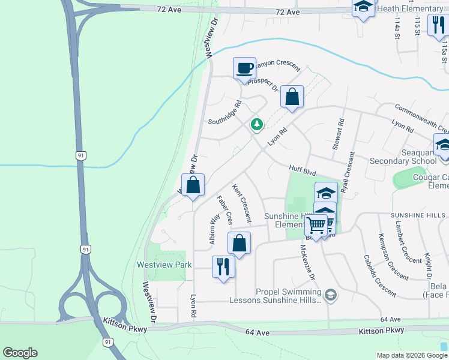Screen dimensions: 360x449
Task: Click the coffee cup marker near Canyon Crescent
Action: click(x=244, y=68)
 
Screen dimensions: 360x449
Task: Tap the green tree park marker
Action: click(x=257, y=124)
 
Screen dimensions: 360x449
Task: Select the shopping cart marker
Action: click(x=316, y=226)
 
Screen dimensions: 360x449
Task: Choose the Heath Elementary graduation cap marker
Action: click(x=363, y=7)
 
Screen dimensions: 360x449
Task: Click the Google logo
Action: click(x=20, y=353)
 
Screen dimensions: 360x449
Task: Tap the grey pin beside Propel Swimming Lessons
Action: click(x=331, y=295)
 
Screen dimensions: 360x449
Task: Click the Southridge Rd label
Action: click(x=224, y=113)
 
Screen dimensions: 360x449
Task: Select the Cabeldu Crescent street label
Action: click(x=379, y=275)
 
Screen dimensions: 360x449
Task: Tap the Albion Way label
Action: click(x=213, y=229)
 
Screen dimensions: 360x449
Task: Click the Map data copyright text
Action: click(x=411, y=355)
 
